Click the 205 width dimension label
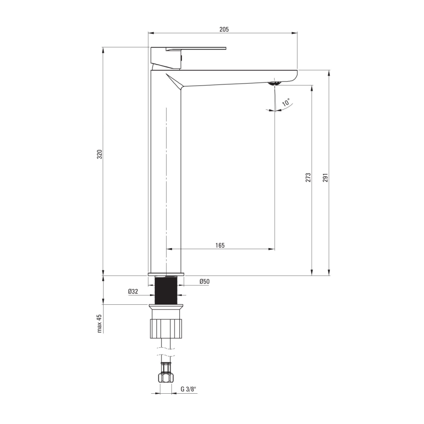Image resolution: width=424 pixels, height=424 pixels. coord(224,29)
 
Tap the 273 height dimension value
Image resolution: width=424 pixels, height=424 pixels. coord(308,177)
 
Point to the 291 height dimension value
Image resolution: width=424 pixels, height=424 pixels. coord(325,177)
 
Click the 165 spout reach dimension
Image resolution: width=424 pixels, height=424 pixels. coord(220,245)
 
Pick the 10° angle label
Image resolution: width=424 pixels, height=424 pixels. coord(286,103)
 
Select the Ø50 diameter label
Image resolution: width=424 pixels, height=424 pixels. coord(204,281)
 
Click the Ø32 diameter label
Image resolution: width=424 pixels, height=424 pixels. coord(133,291)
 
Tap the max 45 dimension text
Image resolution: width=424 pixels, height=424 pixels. coord(99,323)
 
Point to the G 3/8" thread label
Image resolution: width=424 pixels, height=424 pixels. coord(188,389)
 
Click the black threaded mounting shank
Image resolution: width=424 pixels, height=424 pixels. coord(166,291)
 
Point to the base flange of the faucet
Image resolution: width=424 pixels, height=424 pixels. coord(166,274)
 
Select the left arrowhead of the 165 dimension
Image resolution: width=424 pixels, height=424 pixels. coord(169,249)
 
